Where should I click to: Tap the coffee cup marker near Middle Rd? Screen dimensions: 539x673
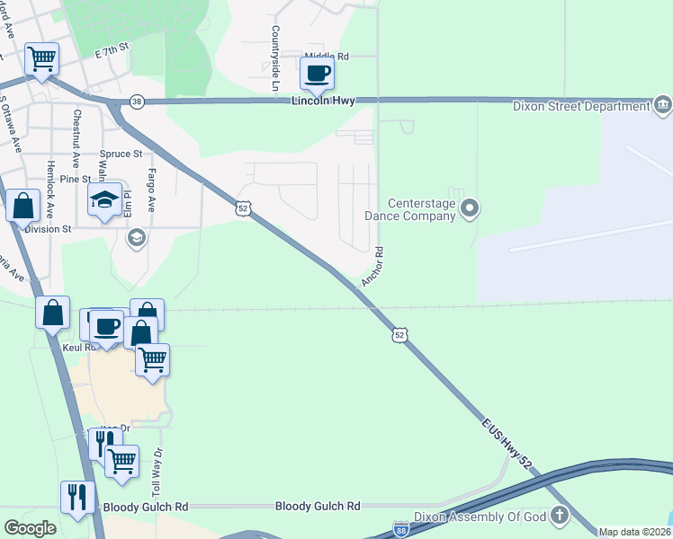point(317,74)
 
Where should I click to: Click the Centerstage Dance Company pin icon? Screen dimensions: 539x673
point(469,209)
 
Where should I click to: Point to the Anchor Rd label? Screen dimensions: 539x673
point(372,267)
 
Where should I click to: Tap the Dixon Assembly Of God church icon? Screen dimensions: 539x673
point(560,516)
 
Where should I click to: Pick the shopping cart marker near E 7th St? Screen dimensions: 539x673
point(42,59)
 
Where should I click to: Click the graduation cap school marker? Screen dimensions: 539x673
point(105,199)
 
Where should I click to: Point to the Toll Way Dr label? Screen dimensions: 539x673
point(157,473)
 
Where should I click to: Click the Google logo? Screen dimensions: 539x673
point(30,527)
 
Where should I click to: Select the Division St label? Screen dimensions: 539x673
point(48,229)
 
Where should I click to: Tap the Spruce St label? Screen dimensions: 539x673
point(121,154)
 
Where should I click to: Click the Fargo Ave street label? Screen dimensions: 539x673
point(152,190)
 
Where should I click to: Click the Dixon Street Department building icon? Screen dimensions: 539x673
point(662,106)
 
